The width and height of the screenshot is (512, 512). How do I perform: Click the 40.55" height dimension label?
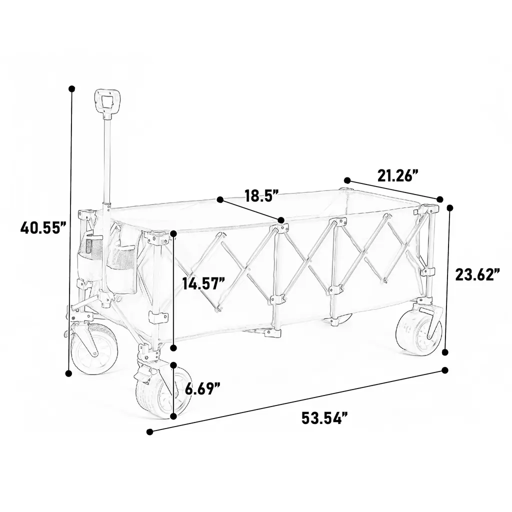(43, 227)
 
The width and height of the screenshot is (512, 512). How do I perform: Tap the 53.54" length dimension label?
(324, 418)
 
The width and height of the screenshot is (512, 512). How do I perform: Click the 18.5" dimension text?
(261, 195)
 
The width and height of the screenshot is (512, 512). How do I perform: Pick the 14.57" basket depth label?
(204, 283)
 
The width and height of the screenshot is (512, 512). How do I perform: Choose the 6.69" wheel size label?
(202, 389)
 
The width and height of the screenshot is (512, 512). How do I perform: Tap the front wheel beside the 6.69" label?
(161, 392)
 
